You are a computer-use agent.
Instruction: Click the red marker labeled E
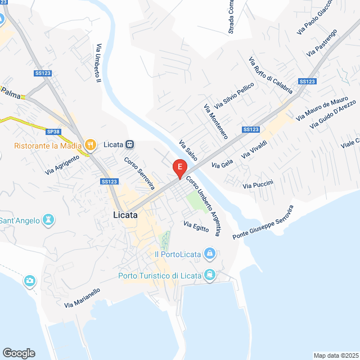pos(179,167)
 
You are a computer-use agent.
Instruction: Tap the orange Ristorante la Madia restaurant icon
pos(89,145)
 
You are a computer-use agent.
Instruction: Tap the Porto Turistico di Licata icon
pos(210,275)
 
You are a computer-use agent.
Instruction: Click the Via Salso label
pos(188,151)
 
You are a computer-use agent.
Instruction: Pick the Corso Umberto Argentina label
pos(203,206)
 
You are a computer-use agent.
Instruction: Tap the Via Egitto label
pos(196,227)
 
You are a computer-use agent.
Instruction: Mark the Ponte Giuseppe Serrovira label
pos(263,223)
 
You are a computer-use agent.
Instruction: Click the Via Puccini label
pos(258,184)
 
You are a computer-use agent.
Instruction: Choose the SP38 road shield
pos(53,132)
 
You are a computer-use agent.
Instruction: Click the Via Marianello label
pos(82,298)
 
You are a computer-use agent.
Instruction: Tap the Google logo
pos(19,353)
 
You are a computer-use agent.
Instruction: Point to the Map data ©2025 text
pos(335,355)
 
